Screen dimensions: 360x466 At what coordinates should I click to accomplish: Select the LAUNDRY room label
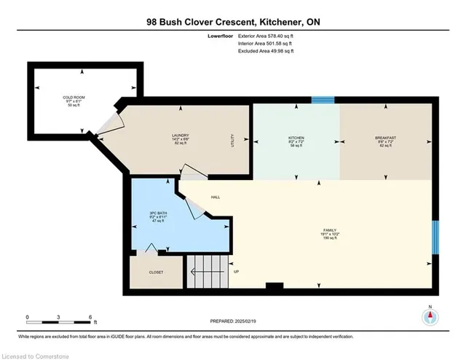[x=181, y=135]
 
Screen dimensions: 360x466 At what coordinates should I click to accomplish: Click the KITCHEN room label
[x=296, y=138]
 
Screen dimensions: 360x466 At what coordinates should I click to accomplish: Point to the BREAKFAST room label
[x=385, y=138]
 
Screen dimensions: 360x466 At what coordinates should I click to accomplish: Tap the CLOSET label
[x=156, y=273]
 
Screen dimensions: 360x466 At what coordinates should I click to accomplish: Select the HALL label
[x=216, y=197]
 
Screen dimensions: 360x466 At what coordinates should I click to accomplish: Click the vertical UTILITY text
[x=232, y=140]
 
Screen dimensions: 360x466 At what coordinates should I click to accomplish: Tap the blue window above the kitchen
[x=323, y=100]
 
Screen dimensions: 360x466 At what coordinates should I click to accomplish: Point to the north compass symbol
[x=430, y=316]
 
